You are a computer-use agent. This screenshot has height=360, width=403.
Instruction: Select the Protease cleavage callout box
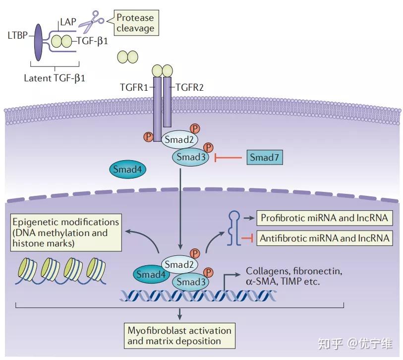[135, 23]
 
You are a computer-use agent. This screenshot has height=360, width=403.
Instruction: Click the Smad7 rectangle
[264, 158]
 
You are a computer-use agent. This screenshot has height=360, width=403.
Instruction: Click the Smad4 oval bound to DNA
[150, 273]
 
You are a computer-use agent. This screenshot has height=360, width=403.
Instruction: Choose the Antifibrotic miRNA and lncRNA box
[324, 239]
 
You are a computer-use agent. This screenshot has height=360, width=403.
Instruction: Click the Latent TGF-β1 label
[55, 78]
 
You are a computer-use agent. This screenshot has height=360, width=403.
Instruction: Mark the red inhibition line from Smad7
[230, 158]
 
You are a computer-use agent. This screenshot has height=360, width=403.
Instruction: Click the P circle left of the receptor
[147, 136]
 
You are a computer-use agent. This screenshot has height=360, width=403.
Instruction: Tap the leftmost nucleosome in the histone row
[28, 267]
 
